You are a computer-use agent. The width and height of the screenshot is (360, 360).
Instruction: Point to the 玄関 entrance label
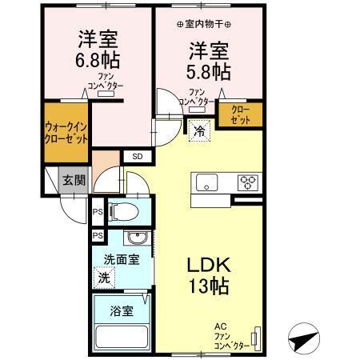[x=73, y=180]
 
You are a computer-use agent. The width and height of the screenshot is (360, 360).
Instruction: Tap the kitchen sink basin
[x=207, y=182]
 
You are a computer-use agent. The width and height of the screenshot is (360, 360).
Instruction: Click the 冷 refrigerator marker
[x=197, y=130]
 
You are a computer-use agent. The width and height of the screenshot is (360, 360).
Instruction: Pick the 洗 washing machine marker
[x=102, y=278]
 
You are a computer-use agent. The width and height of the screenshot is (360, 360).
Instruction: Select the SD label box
[x=136, y=156]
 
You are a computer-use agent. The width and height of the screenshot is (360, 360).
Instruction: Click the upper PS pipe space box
[x=98, y=212]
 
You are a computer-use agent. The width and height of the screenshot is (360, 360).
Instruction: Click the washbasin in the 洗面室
[x=136, y=239]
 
